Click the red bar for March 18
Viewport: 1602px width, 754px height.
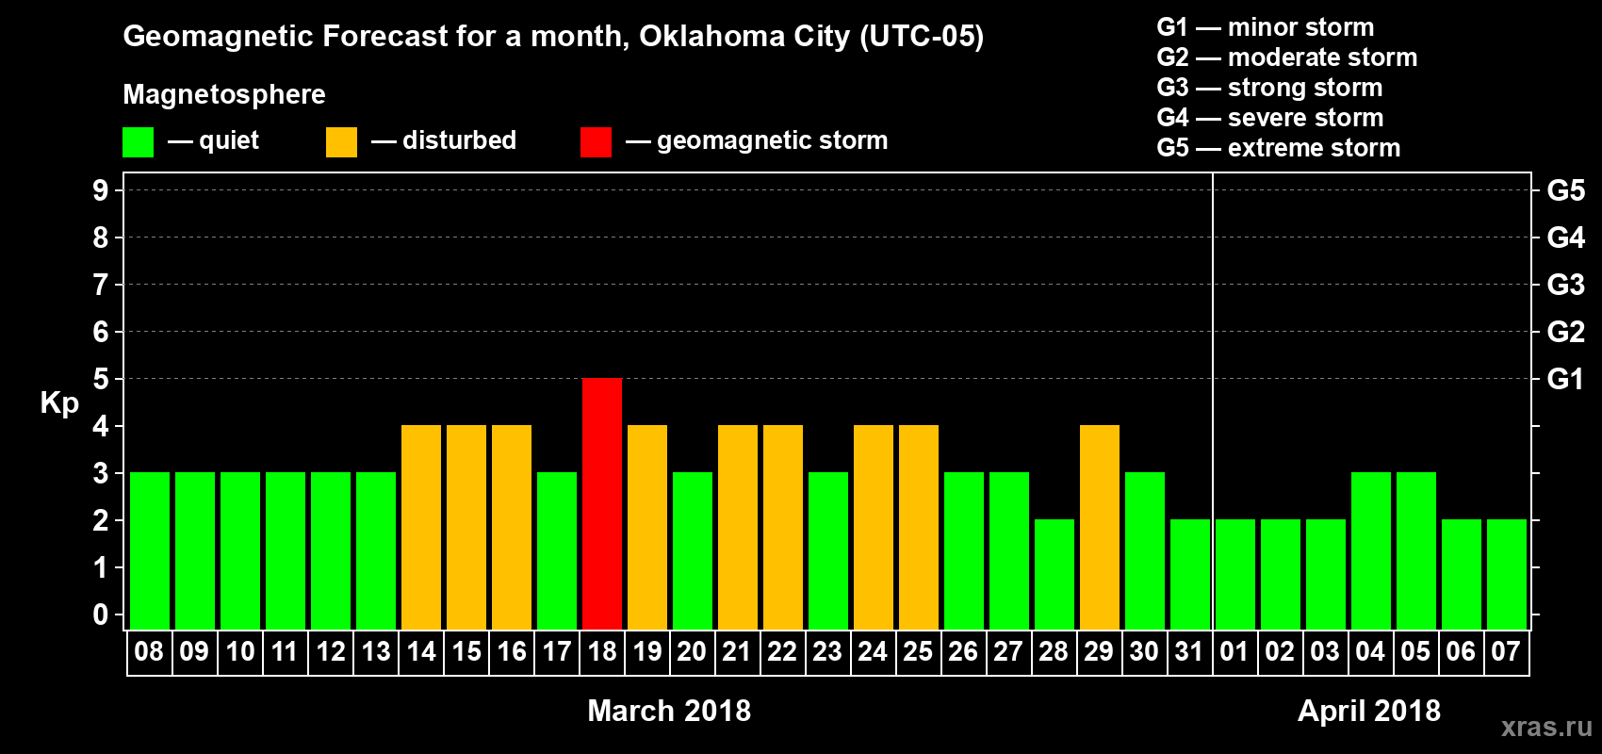pyautogui.click(x=602, y=503)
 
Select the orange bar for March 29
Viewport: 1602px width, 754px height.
pyautogui.click(x=1100, y=527)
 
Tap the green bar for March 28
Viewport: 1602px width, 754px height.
pyautogui.click(x=1054, y=574)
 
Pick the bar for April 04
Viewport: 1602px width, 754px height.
pyautogui.click(x=1371, y=550)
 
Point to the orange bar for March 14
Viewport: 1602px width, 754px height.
pyautogui.click(x=421, y=527)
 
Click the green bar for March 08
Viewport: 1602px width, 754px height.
pyautogui.click(x=150, y=550)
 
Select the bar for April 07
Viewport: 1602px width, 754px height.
pyautogui.click(x=1507, y=574)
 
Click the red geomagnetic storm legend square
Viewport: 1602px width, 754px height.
pyautogui.click(x=596, y=142)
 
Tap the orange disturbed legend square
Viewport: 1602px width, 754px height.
pyautogui.click(x=341, y=142)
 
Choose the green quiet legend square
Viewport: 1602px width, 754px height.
pyautogui.click(x=138, y=142)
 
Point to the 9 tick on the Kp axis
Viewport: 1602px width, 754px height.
pyautogui.click(x=101, y=190)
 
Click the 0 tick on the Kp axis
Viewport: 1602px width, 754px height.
pyautogui.click(x=101, y=615)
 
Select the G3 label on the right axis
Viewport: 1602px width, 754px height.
pyautogui.click(x=1565, y=285)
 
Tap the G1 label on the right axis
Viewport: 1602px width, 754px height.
pyautogui.click(x=1565, y=379)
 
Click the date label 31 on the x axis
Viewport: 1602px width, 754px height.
pyautogui.click(x=1189, y=652)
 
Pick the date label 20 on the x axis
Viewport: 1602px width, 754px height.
pyautogui.click(x=692, y=652)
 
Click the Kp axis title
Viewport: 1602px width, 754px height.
pyautogui.click(x=59, y=403)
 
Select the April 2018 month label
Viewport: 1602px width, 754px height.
pyautogui.click(x=1368, y=711)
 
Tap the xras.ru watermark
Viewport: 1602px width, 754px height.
pyautogui.click(x=1546, y=727)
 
